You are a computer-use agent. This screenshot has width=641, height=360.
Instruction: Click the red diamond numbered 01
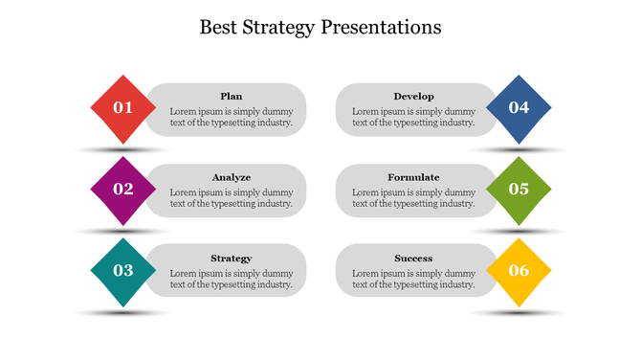pyautogui.click(x=123, y=108)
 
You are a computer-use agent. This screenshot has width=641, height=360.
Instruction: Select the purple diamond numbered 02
pyautogui.click(x=123, y=190)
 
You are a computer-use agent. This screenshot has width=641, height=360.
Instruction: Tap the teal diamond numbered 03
pyautogui.click(x=123, y=271)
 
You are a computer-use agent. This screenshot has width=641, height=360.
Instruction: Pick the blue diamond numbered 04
pyautogui.click(x=519, y=108)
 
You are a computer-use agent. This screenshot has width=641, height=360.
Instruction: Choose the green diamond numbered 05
pyautogui.click(x=519, y=190)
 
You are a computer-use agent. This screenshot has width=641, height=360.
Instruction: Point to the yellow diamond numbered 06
pyautogui.click(x=519, y=271)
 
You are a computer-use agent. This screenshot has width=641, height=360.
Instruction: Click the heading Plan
pyautogui.click(x=231, y=96)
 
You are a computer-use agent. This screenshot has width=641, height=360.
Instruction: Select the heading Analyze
pyautogui.click(x=231, y=177)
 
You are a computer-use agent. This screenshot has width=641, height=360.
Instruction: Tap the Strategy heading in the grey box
pyautogui.click(x=231, y=259)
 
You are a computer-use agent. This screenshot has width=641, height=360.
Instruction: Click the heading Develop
pyautogui.click(x=413, y=96)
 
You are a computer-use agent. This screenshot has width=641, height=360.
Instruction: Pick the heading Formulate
pyautogui.click(x=413, y=177)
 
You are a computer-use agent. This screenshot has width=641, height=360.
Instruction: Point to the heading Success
pyautogui.click(x=413, y=259)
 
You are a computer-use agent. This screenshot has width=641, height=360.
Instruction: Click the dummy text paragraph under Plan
pyautogui.click(x=231, y=117)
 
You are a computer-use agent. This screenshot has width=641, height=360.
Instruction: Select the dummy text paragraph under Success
pyautogui.click(x=413, y=279)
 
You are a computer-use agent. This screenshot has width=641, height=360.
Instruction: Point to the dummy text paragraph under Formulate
pyautogui.click(x=413, y=198)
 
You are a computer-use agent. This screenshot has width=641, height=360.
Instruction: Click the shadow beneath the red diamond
pyautogui.click(x=123, y=150)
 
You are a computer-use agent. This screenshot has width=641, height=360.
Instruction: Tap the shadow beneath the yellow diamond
pyautogui.click(x=519, y=313)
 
